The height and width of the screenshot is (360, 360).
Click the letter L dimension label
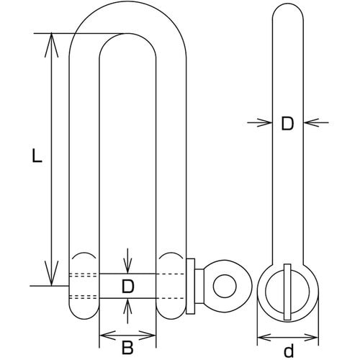pyautogui.click(x=37, y=156)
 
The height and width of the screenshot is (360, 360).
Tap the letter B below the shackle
pyautogui.click(x=127, y=348)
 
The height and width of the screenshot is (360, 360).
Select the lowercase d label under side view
pyautogui.click(x=289, y=351)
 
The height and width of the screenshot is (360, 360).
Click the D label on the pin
pyautogui.click(x=127, y=286)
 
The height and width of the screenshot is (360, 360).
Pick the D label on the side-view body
pyautogui.click(x=287, y=124)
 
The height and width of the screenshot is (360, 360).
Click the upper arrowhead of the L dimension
pyautogui.click(x=51, y=45)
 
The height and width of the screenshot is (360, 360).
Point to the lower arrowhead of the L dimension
pyautogui.click(x=51, y=274)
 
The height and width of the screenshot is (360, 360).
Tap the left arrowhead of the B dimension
pyautogui.click(x=107, y=336)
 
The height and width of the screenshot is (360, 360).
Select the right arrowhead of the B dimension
pyautogui.click(x=148, y=336)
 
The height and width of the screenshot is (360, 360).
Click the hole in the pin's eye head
pyautogui.click(x=225, y=286)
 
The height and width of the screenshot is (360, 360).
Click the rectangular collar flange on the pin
pyautogui.click(x=191, y=286)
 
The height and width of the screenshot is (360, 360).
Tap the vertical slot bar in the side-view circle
pyautogui.click(x=287, y=292)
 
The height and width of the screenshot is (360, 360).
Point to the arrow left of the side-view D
pyautogui.click(x=260, y=122)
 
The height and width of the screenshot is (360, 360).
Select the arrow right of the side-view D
pyautogui.click(x=316, y=122)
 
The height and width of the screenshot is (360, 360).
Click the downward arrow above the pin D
pyautogui.click(x=127, y=261)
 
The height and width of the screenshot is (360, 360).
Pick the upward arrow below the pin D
pyautogui.click(x=127, y=311)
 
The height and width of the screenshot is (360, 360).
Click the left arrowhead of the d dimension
pyautogui.click(x=265, y=338)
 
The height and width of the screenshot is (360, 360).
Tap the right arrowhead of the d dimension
pyautogui.click(x=310, y=338)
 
